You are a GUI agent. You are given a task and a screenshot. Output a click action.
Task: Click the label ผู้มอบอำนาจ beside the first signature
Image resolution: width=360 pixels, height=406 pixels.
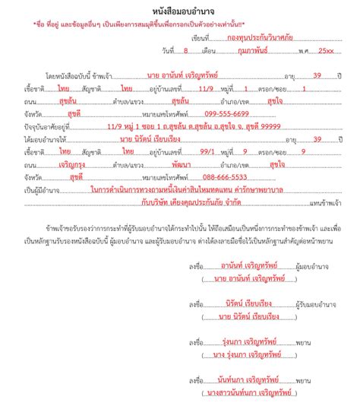295,266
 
